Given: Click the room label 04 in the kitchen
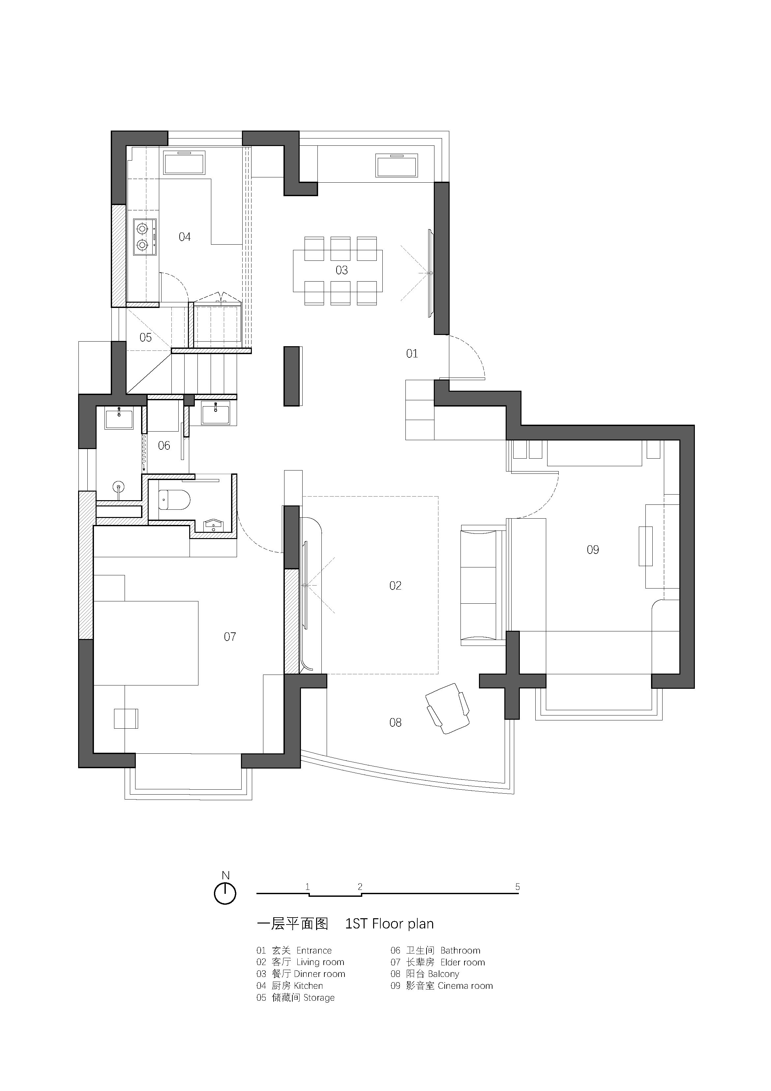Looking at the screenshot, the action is [x=185, y=237].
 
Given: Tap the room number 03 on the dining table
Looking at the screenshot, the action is [x=341, y=270].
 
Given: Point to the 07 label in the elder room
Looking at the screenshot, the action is [x=230, y=637].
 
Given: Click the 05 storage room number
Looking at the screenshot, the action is [x=145, y=337].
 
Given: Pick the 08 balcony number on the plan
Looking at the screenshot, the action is [x=395, y=723].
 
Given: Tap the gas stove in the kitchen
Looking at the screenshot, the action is [x=145, y=237].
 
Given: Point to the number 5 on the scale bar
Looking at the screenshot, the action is [x=517, y=887].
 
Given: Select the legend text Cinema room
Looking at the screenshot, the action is [x=465, y=986].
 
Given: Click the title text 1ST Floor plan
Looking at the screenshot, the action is [x=390, y=924].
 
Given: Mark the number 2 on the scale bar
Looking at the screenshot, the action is [x=360, y=887].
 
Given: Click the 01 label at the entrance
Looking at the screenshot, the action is [x=412, y=353].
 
